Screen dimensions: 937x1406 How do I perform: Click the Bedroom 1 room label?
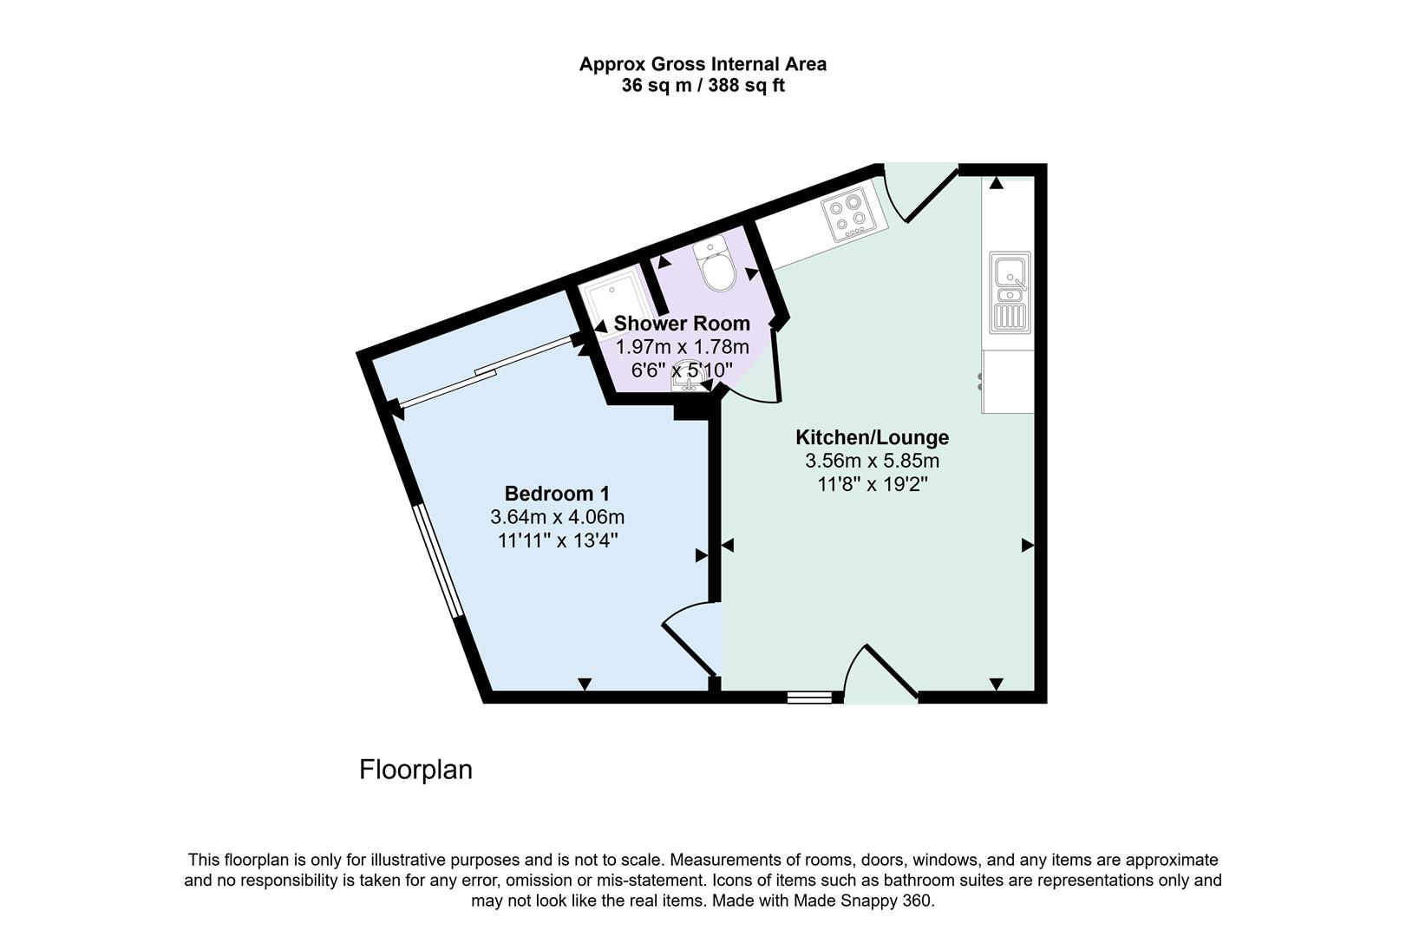click(557, 494)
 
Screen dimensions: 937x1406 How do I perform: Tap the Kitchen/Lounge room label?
click(872, 437)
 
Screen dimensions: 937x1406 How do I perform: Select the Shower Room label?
click(682, 324)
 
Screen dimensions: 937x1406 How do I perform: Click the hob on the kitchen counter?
click(848, 217)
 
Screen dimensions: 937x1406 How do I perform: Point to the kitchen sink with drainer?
click(1010, 292)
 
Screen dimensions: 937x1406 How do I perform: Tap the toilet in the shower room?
click(716, 265)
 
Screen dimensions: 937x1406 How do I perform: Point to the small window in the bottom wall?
click(810, 697)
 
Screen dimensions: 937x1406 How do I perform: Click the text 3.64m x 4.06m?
click(557, 517)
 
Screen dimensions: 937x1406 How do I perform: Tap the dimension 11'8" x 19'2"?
click(872, 484)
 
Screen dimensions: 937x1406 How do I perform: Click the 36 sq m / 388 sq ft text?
click(703, 86)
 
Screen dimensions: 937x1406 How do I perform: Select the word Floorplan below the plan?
click(415, 770)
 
